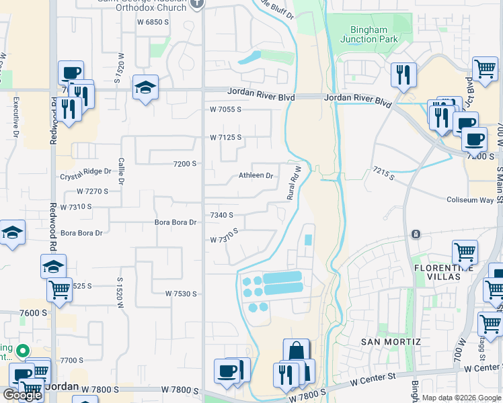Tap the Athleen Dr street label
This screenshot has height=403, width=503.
coord(256,176)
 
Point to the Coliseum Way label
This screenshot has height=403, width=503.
coord(471,199)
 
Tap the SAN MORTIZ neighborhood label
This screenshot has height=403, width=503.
coord(391,342)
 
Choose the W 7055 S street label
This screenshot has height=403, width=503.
coord(225,109)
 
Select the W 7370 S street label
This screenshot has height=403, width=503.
coord(225,238)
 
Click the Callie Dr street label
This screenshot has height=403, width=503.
coord(122,171)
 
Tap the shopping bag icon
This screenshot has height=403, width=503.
coord(296,351)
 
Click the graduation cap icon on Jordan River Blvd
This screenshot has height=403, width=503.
coord(145,88)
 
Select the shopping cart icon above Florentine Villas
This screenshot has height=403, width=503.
coord(465,253)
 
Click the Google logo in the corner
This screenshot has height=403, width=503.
coord(22,395)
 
